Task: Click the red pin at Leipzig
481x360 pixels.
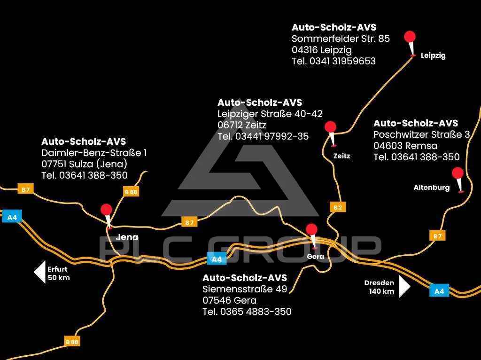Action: click(x=410, y=43)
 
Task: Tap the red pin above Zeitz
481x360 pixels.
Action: click(x=331, y=133)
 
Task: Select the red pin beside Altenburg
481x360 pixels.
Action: click(x=458, y=179)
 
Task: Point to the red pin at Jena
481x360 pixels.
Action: click(x=107, y=216)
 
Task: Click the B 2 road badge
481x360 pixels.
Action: click(x=338, y=207)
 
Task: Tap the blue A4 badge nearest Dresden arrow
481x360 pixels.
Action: click(x=439, y=290)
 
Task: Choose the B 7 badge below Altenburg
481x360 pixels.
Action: click(x=437, y=236)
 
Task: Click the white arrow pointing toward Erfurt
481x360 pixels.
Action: click(x=39, y=272)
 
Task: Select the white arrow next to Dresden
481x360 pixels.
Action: click(x=404, y=286)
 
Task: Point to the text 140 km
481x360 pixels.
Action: click(x=381, y=291)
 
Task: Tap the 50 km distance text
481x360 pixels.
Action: click(x=59, y=278)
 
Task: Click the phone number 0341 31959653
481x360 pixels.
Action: click(x=342, y=61)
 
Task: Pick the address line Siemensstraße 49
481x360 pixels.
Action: click(x=245, y=289)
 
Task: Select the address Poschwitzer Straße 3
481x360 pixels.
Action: click(x=421, y=134)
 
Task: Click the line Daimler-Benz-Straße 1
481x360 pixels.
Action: click(x=94, y=153)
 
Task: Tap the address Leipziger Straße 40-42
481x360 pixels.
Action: click(x=270, y=114)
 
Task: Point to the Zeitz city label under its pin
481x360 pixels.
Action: click(x=342, y=156)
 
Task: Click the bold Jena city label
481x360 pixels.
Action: click(x=127, y=237)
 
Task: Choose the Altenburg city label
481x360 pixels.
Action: click(x=432, y=188)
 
